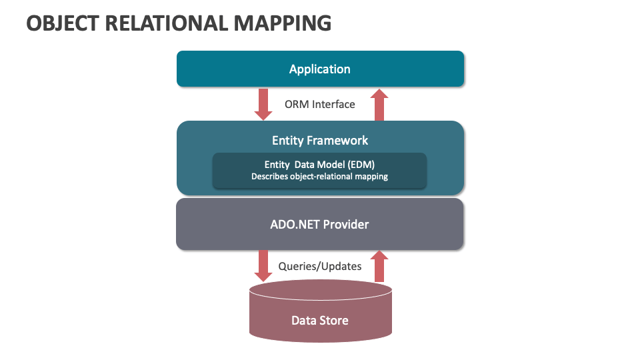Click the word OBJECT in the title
[63, 23]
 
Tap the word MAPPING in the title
[283, 23]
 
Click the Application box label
[319, 69]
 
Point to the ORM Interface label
[319, 105]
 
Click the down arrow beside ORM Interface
[263, 105]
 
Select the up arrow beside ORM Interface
[379, 105]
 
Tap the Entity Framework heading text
[320, 141]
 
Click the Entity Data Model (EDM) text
[319, 165]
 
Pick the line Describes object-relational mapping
[319, 176]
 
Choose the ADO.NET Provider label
[319, 225]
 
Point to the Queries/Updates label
[320, 267]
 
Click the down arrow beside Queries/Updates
[263, 266]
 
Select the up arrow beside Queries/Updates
[379, 266]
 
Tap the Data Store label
[320, 321]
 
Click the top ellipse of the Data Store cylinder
[321, 290]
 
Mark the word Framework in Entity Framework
[337, 141]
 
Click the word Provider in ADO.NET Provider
[346, 225]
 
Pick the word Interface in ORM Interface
[333, 105]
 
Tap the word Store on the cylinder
[334, 321]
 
